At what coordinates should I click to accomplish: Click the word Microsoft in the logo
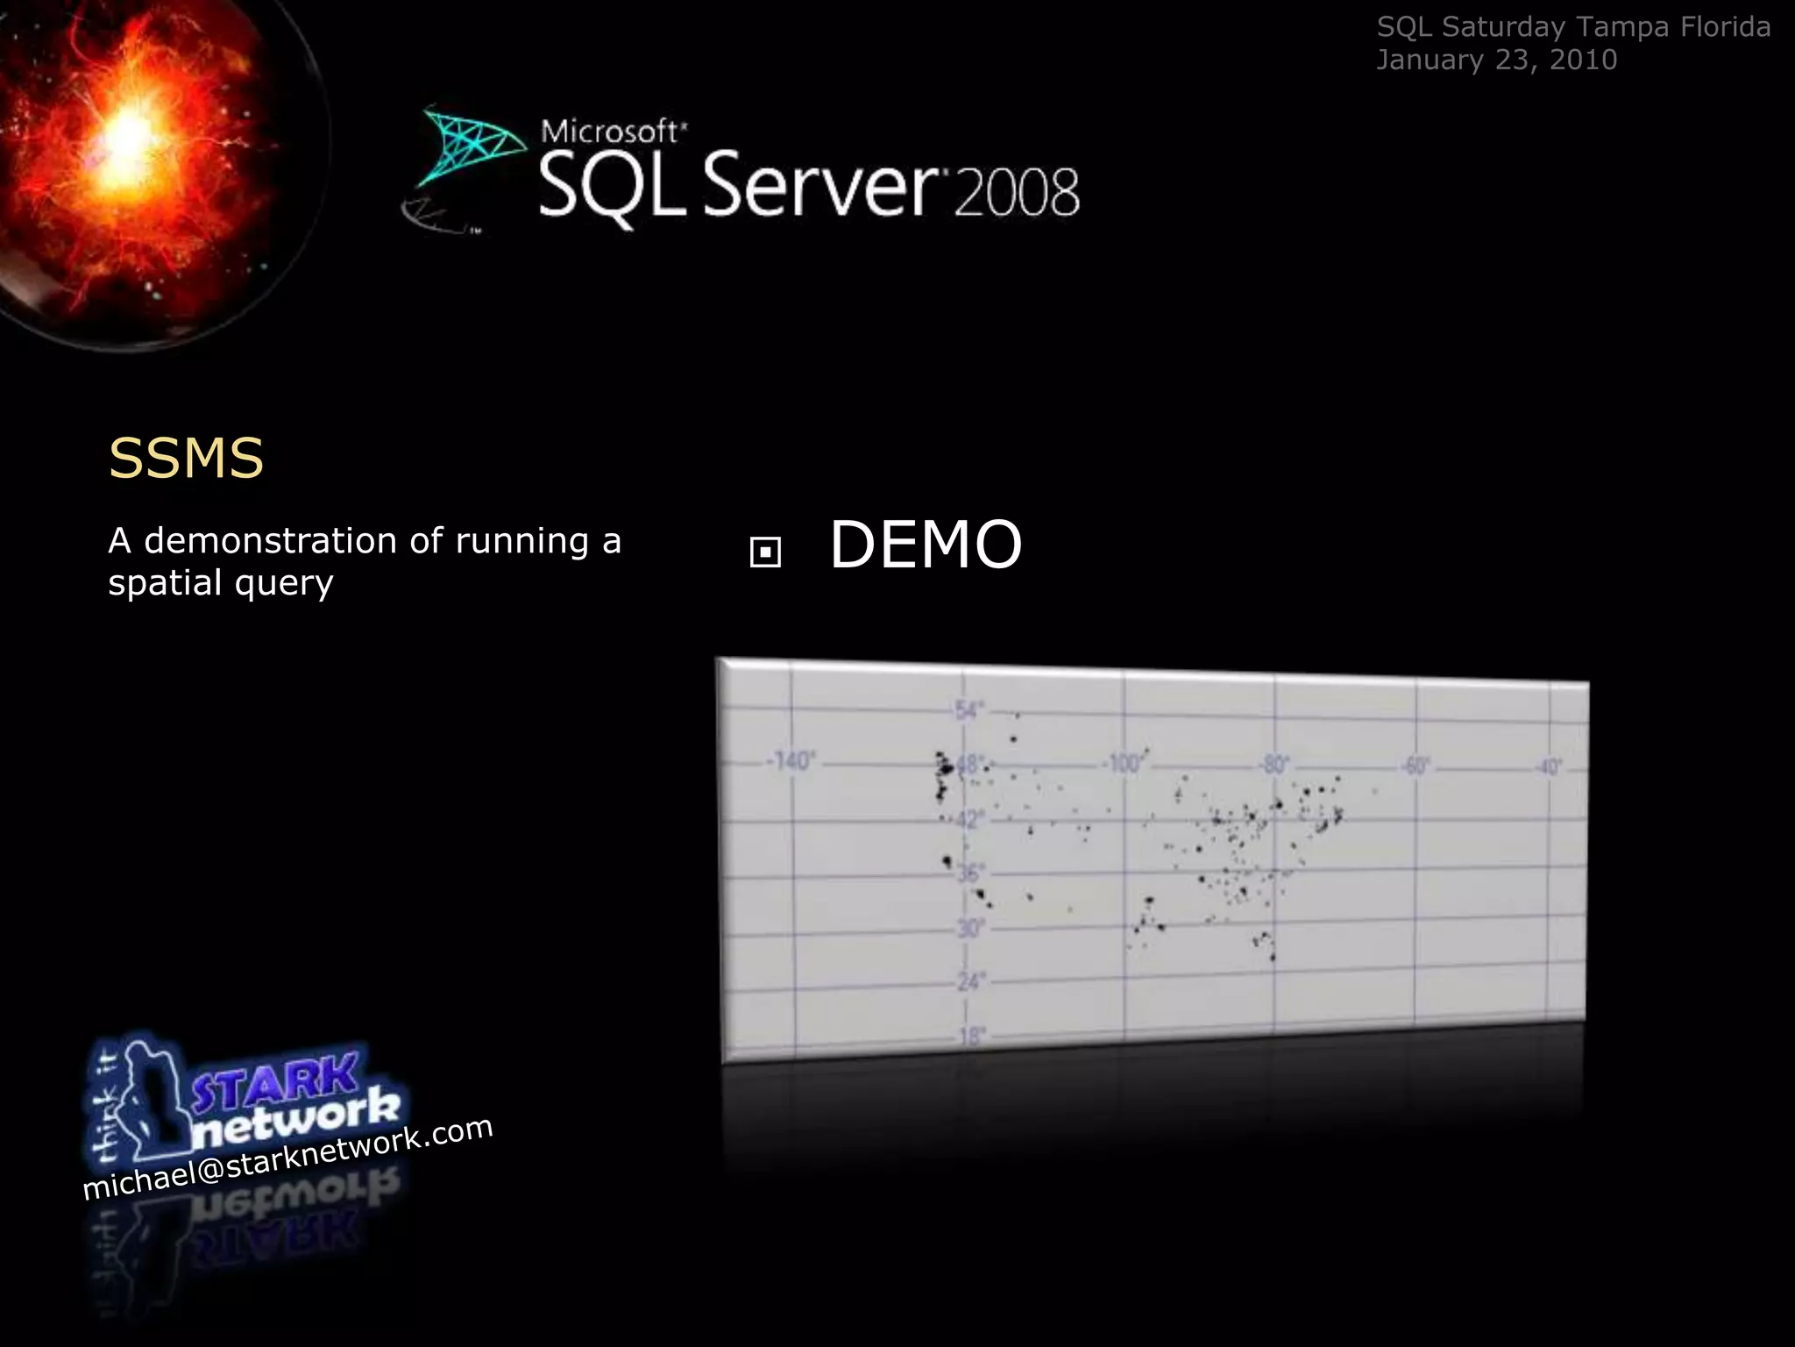[610, 132]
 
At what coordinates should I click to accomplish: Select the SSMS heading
[186, 458]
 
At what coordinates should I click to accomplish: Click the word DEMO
[926, 545]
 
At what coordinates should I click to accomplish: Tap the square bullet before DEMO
[765, 552]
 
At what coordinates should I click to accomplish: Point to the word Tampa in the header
[1622, 27]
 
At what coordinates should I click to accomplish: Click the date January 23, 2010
[1496, 60]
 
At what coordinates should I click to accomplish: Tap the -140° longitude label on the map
[791, 760]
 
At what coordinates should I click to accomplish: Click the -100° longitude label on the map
[1125, 763]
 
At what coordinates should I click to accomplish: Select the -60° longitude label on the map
[1415, 766]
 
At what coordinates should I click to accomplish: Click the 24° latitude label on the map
[969, 981]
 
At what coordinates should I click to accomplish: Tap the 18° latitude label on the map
[971, 1037]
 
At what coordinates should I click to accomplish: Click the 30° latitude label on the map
[969, 927]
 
